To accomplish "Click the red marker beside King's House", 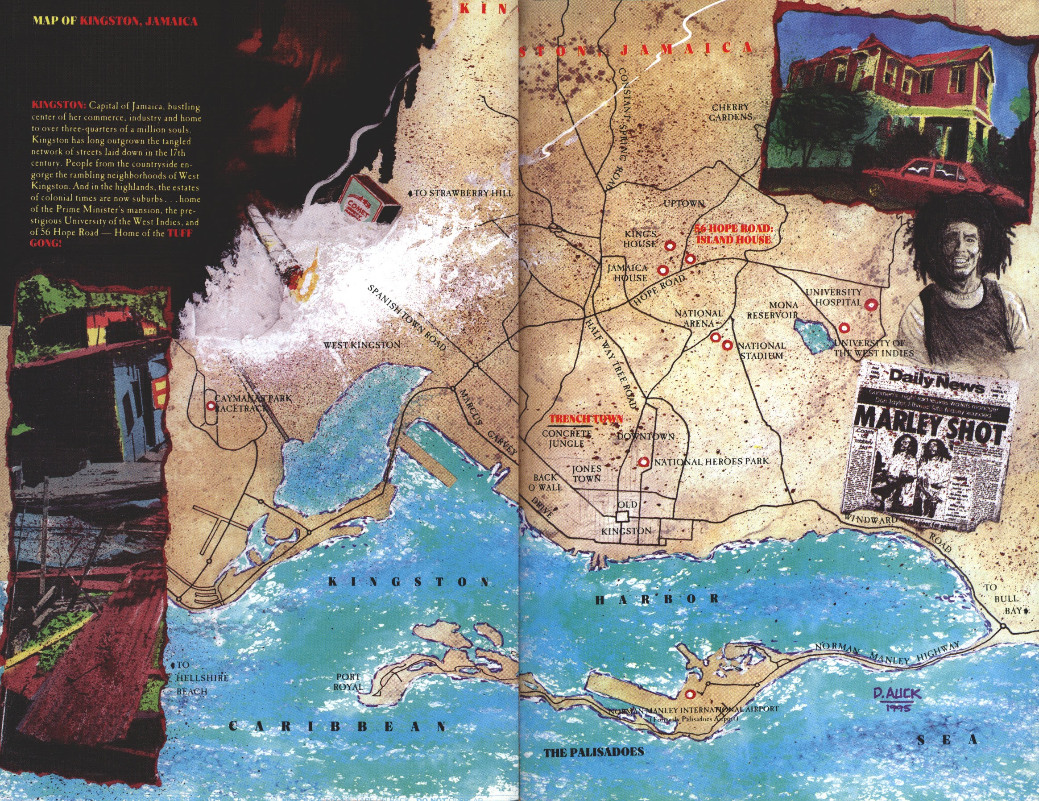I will [x=670, y=245].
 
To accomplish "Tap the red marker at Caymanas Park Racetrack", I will [x=211, y=406].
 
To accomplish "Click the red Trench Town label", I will [x=586, y=419].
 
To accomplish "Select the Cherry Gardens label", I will [x=731, y=112].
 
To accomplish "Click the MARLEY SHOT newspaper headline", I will [x=929, y=425].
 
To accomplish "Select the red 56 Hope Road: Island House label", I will [x=733, y=234].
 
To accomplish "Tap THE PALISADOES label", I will [x=593, y=752].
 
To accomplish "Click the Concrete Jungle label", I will [x=567, y=439].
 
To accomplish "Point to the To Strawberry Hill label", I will [x=461, y=193].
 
